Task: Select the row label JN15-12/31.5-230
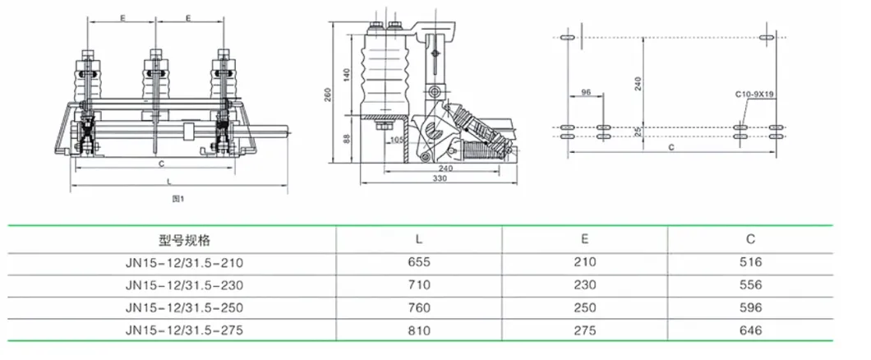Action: click(x=185, y=285)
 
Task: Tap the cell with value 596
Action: click(x=750, y=308)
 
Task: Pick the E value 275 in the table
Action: click(x=584, y=330)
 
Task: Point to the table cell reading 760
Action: click(x=419, y=308)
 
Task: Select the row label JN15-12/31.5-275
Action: click(x=185, y=330)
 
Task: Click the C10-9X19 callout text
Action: click(x=755, y=95)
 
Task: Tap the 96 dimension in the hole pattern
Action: click(x=586, y=92)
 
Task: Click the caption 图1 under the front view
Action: click(x=177, y=199)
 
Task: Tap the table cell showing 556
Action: click(x=750, y=285)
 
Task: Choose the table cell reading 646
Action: click(x=750, y=330)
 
